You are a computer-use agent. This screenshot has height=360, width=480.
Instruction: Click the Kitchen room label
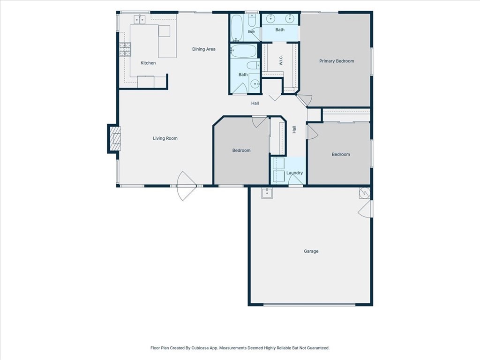148,63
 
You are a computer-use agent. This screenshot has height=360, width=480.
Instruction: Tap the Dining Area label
204,49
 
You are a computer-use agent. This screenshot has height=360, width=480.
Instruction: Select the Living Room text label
165,138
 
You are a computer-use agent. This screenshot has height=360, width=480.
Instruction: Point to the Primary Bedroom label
337,61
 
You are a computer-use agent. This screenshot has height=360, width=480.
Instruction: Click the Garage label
311,251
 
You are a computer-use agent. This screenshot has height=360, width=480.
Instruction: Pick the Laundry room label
294,173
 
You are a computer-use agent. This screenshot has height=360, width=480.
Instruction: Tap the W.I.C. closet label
281,60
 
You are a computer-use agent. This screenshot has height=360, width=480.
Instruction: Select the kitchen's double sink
140,19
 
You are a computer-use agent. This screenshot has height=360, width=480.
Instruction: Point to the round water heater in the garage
365,193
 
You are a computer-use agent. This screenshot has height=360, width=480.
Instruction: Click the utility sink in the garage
267,193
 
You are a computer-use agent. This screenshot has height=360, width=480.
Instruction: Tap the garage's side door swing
365,209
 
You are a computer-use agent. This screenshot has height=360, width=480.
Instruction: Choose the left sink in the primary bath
270,19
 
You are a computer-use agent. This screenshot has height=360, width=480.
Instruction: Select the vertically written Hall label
294,130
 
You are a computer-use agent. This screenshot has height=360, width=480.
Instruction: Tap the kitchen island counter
167,41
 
